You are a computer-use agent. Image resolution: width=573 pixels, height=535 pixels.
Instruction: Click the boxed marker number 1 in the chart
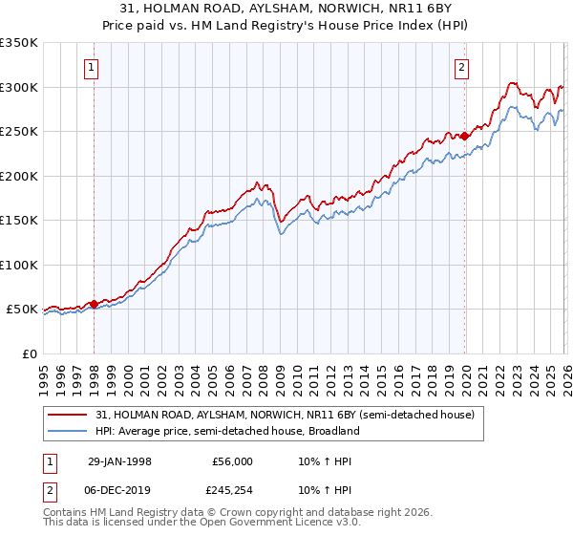93,67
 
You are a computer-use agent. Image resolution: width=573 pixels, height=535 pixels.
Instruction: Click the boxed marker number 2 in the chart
461,67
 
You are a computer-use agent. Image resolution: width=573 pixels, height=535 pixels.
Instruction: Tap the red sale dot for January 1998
95,305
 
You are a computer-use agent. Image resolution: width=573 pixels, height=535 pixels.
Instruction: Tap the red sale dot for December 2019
465,137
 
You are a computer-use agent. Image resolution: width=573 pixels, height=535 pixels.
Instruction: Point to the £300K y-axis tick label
19,87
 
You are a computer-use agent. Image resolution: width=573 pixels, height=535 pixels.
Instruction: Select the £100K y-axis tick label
19,265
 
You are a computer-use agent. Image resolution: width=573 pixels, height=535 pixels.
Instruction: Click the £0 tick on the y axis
30,353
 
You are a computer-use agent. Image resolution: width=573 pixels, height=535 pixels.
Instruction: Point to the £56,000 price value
233,460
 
